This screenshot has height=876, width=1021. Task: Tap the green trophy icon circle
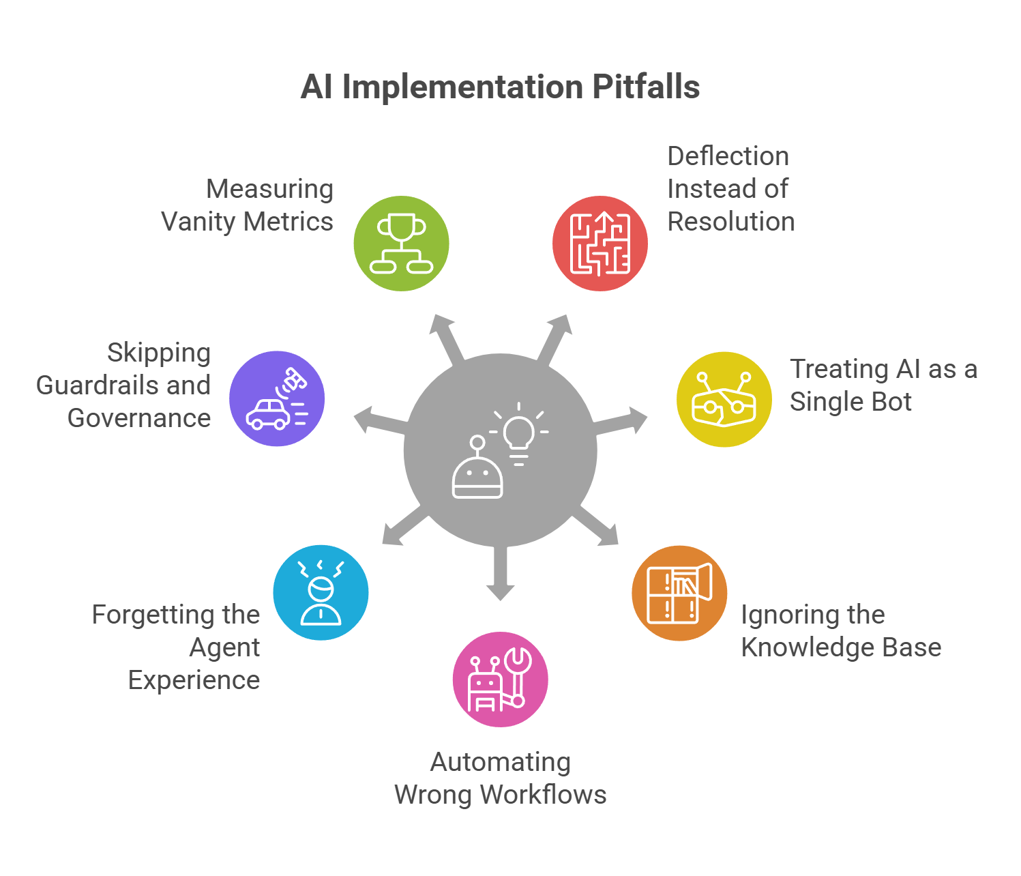point(401,244)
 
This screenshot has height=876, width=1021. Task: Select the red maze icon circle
point(600,244)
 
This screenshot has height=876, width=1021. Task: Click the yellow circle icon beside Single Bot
point(724,399)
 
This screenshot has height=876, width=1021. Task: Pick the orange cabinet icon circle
point(679,593)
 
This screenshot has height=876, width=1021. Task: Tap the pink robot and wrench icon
point(500,679)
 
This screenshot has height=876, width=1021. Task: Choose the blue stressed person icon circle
point(321,592)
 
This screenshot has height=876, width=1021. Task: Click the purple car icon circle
point(277,399)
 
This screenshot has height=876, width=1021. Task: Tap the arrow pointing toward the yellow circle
point(622,422)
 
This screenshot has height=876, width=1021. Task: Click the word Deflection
point(728,156)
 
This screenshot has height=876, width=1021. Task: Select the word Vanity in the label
point(198,222)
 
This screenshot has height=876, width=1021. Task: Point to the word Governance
point(139,418)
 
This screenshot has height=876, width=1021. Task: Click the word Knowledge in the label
point(795,647)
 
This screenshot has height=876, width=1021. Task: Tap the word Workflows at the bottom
point(543,795)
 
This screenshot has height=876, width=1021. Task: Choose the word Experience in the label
point(194,680)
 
